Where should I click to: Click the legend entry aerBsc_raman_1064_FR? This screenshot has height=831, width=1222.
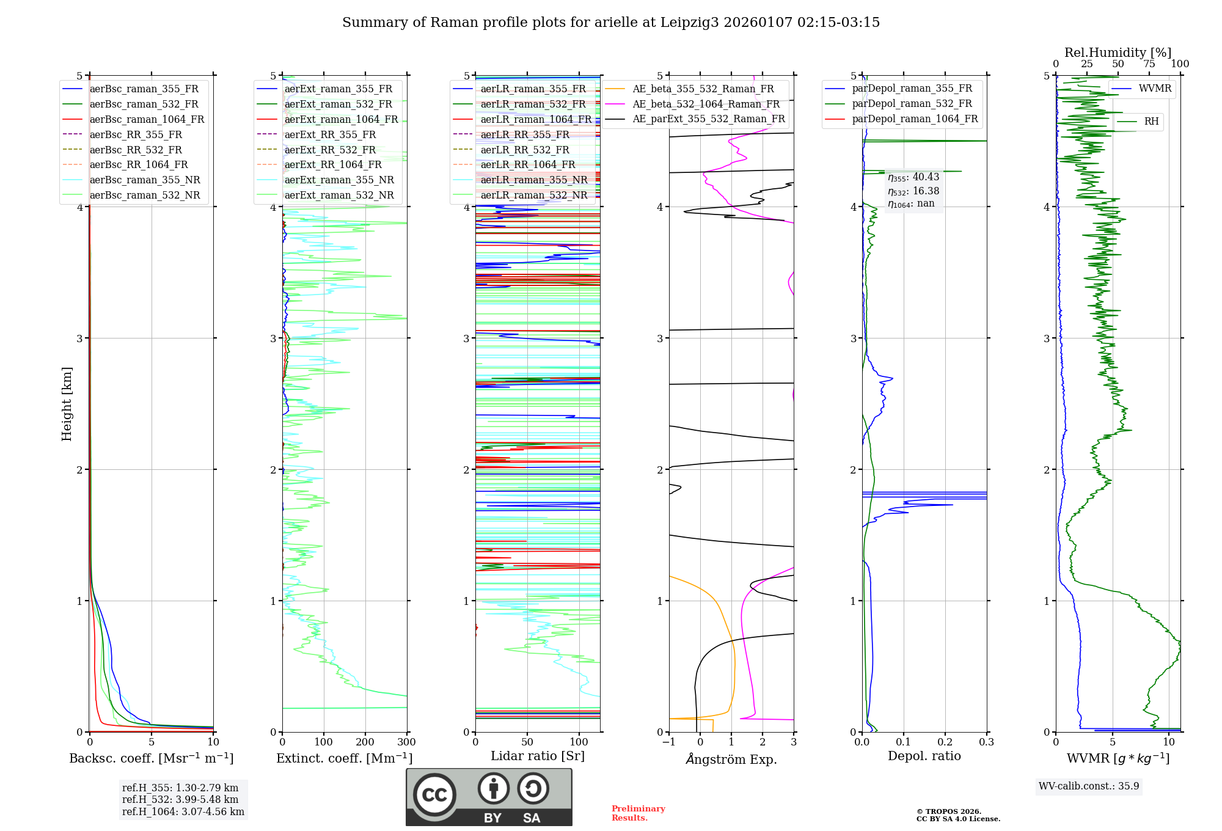click(x=147, y=119)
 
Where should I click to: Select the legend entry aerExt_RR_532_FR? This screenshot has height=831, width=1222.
click(x=330, y=150)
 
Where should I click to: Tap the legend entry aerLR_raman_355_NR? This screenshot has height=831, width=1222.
click(x=533, y=180)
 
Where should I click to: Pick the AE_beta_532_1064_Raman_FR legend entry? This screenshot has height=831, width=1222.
click(x=706, y=104)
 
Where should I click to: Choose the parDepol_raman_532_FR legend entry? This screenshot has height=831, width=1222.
click(x=912, y=104)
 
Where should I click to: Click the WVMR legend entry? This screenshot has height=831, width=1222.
click(x=1155, y=89)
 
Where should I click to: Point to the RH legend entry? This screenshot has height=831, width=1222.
click(x=1151, y=122)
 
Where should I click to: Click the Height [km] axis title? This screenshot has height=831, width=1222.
click(x=67, y=404)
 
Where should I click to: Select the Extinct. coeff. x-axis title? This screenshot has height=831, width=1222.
click(x=344, y=758)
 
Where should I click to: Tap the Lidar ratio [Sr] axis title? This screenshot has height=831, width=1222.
click(x=538, y=756)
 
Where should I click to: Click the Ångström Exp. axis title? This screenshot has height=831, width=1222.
click(x=731, y=760)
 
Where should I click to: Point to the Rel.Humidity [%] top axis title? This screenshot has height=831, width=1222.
click(x=1118, y=53)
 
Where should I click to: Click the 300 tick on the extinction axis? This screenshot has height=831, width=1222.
click(x=406, y=742)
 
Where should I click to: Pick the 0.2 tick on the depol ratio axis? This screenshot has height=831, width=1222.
click(x=945, y=742)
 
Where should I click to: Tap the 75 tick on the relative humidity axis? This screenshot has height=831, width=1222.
click(x=1149, y=64)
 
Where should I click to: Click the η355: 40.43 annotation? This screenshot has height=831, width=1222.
click(x=913, y=177)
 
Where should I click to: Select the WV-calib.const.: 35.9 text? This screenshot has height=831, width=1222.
click(x=1089, y=786)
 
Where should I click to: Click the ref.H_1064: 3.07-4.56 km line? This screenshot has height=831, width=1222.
click(x=183, y=812)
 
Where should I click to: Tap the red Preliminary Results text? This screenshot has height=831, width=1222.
click(x=638, y=813)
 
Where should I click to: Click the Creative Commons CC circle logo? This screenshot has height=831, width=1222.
click(x=434, y=795)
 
